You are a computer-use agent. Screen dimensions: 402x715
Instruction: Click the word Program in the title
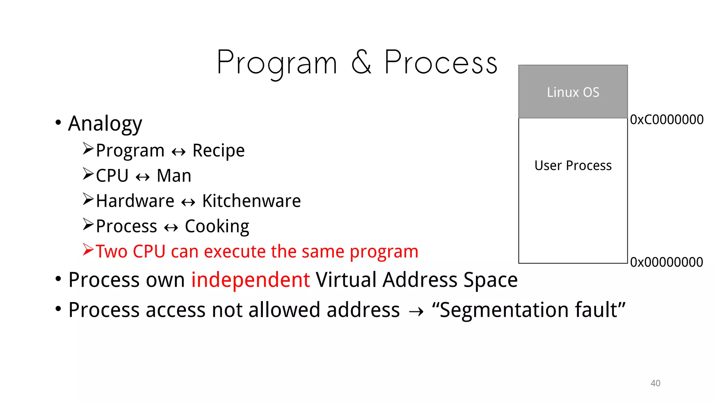[x=277, y=63]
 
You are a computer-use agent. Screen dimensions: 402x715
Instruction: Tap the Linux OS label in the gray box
[x=573, y=92]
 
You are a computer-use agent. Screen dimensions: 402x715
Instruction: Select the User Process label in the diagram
[x=573, y=165]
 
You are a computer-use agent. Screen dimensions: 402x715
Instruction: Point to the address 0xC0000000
[x=666, y=120]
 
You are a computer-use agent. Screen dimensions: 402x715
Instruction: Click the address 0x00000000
[x=666, y=262]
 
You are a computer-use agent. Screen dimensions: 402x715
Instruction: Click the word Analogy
[x=105, y=124]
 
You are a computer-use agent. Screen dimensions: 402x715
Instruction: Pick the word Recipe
[x=219, y=151]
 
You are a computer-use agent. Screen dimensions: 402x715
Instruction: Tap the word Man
[x=174, y=176]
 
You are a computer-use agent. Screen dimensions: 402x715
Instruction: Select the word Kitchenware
[x=251, y=201]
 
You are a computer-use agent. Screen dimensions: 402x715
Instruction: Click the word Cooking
[x=217, y=226]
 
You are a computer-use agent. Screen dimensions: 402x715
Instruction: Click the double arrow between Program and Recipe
[x=178, y=152]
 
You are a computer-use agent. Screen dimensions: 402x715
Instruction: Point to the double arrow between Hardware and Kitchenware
[x=188, y=202]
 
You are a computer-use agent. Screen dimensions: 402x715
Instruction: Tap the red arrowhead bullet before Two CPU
[x=88, y=250]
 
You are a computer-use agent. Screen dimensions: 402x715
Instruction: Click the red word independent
[x=250, y=280]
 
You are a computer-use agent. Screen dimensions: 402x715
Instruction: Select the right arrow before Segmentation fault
[x=416, y=311]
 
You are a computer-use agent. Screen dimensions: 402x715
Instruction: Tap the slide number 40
[x=655, y=383]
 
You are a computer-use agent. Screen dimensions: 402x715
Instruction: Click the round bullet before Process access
[x=58, y=308]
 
